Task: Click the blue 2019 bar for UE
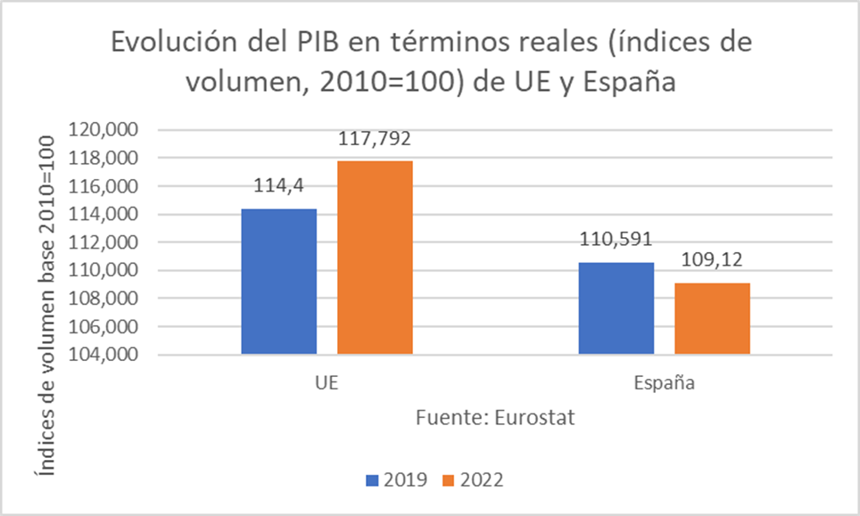click(278, 282)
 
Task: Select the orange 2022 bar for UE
click(375, 258)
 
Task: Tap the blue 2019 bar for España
click(615, 308)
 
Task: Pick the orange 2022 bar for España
click(711, 318)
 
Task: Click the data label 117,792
click(375, 140)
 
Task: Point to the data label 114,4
click(277, 188)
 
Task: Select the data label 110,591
click(616, 241)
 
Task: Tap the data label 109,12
click(712, 262)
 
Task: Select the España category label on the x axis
click(664, 385)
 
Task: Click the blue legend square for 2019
click(372, 480)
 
